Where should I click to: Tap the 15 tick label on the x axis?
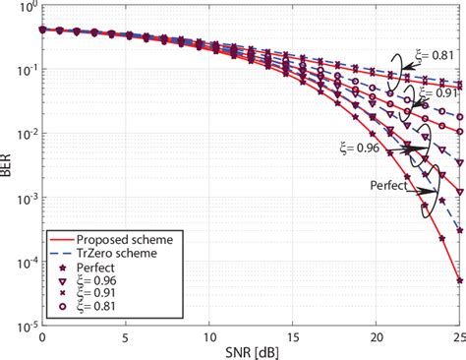click(x=292, y=334)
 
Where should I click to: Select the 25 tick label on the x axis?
click(x=456, y=334)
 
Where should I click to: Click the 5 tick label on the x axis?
click(x=126, y=334)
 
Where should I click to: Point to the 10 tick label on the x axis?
click(x=208, y=334)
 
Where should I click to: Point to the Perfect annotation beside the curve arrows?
click(x=388, y=184)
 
